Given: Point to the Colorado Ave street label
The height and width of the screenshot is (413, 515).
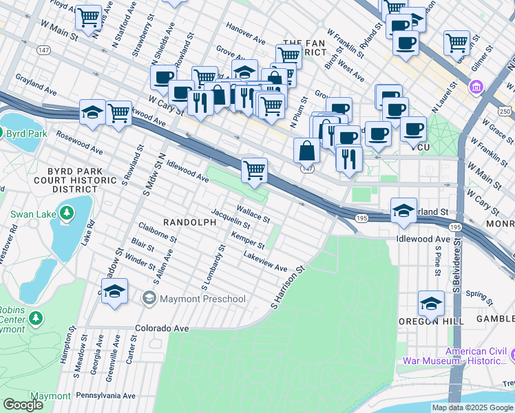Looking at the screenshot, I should tap(162, 329).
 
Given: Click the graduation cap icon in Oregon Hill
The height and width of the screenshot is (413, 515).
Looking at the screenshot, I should tap(431, 301).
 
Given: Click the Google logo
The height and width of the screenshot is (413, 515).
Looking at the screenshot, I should tap(22, 404).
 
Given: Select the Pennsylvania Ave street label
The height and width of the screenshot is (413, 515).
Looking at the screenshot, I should tap(105, 396).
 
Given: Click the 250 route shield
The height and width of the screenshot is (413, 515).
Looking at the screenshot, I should tap(505, 112).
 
